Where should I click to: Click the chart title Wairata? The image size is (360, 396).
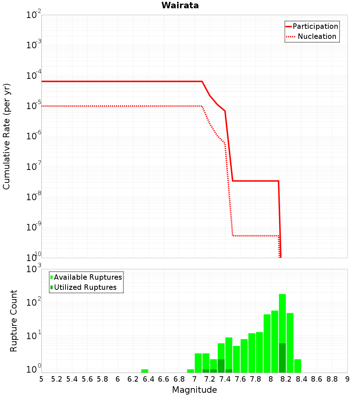point(180,5)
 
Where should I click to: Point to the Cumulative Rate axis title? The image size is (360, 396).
point(6,136)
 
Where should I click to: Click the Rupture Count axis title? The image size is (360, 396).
point(14,320)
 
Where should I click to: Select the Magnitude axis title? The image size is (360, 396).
point(194,390)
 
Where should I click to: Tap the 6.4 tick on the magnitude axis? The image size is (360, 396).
point(148,379)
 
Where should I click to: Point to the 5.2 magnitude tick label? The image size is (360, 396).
point(57,379)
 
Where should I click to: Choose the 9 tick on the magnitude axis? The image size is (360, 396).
point(347,379)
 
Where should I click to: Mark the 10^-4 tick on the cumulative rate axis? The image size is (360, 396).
point(33,76)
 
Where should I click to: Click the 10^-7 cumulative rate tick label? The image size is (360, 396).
point(33,167)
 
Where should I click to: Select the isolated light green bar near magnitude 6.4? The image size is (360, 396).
point(145,371)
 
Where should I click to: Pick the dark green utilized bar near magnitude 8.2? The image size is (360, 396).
point(282,358)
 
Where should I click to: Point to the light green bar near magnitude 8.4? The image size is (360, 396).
point(298,366)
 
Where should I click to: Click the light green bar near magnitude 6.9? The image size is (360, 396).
point(190,371)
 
